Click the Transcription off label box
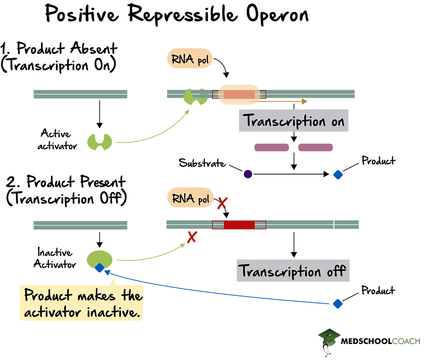pyautogui.click(x=293, y=270)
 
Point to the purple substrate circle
pyautogui.click(x=248, y=174)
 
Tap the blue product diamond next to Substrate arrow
pyautogui.click(x=337, y=174)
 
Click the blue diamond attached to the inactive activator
pyautogui.click(x=99, y=267)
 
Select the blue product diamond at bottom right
pyautogui.click(x=337, y=303)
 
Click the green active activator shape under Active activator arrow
pyautogui.click(x=99, y=141)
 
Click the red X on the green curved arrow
pyautogui.click(x=192, y=237)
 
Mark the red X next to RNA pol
pyautogui.click(x=222, y=203)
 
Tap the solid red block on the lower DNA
pyautogui.click(x=239, y=225)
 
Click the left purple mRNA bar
pyautogui.click(x=272, y=147)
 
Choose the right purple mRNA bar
pyautogui.click(x=315, y=147)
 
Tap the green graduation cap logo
pyautogui.click(x=329, y=338)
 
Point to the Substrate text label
pyautogui.click(x=202, y=163)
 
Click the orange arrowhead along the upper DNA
pyautogui.click(x=304, y=101)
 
